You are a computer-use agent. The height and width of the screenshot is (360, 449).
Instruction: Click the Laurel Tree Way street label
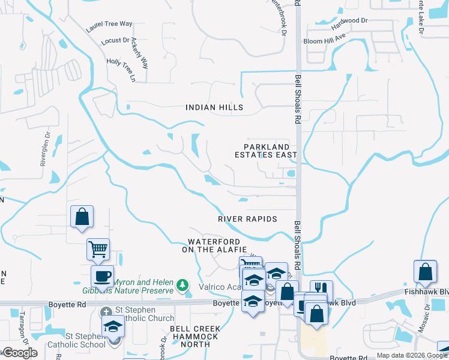[109, 25]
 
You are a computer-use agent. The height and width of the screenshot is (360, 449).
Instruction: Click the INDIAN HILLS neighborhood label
[214, 107]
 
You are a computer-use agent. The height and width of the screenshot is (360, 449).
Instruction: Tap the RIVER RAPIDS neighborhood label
[247, 219]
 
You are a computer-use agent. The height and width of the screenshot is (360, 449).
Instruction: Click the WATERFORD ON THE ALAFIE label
[214, 245]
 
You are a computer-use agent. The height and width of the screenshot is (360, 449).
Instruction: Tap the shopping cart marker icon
[98, 247]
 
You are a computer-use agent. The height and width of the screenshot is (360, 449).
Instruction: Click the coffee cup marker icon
[101, 276]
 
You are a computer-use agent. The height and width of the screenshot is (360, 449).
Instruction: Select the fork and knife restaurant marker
[321, 290]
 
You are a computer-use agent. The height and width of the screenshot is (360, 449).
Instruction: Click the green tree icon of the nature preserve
[183, 284]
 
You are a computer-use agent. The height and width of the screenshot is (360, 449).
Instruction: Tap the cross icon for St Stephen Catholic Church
[106, 312]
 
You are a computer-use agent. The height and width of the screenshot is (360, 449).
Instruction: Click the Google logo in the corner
[19, 353]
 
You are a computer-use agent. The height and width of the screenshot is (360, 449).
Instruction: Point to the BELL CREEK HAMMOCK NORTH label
[194, 337]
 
